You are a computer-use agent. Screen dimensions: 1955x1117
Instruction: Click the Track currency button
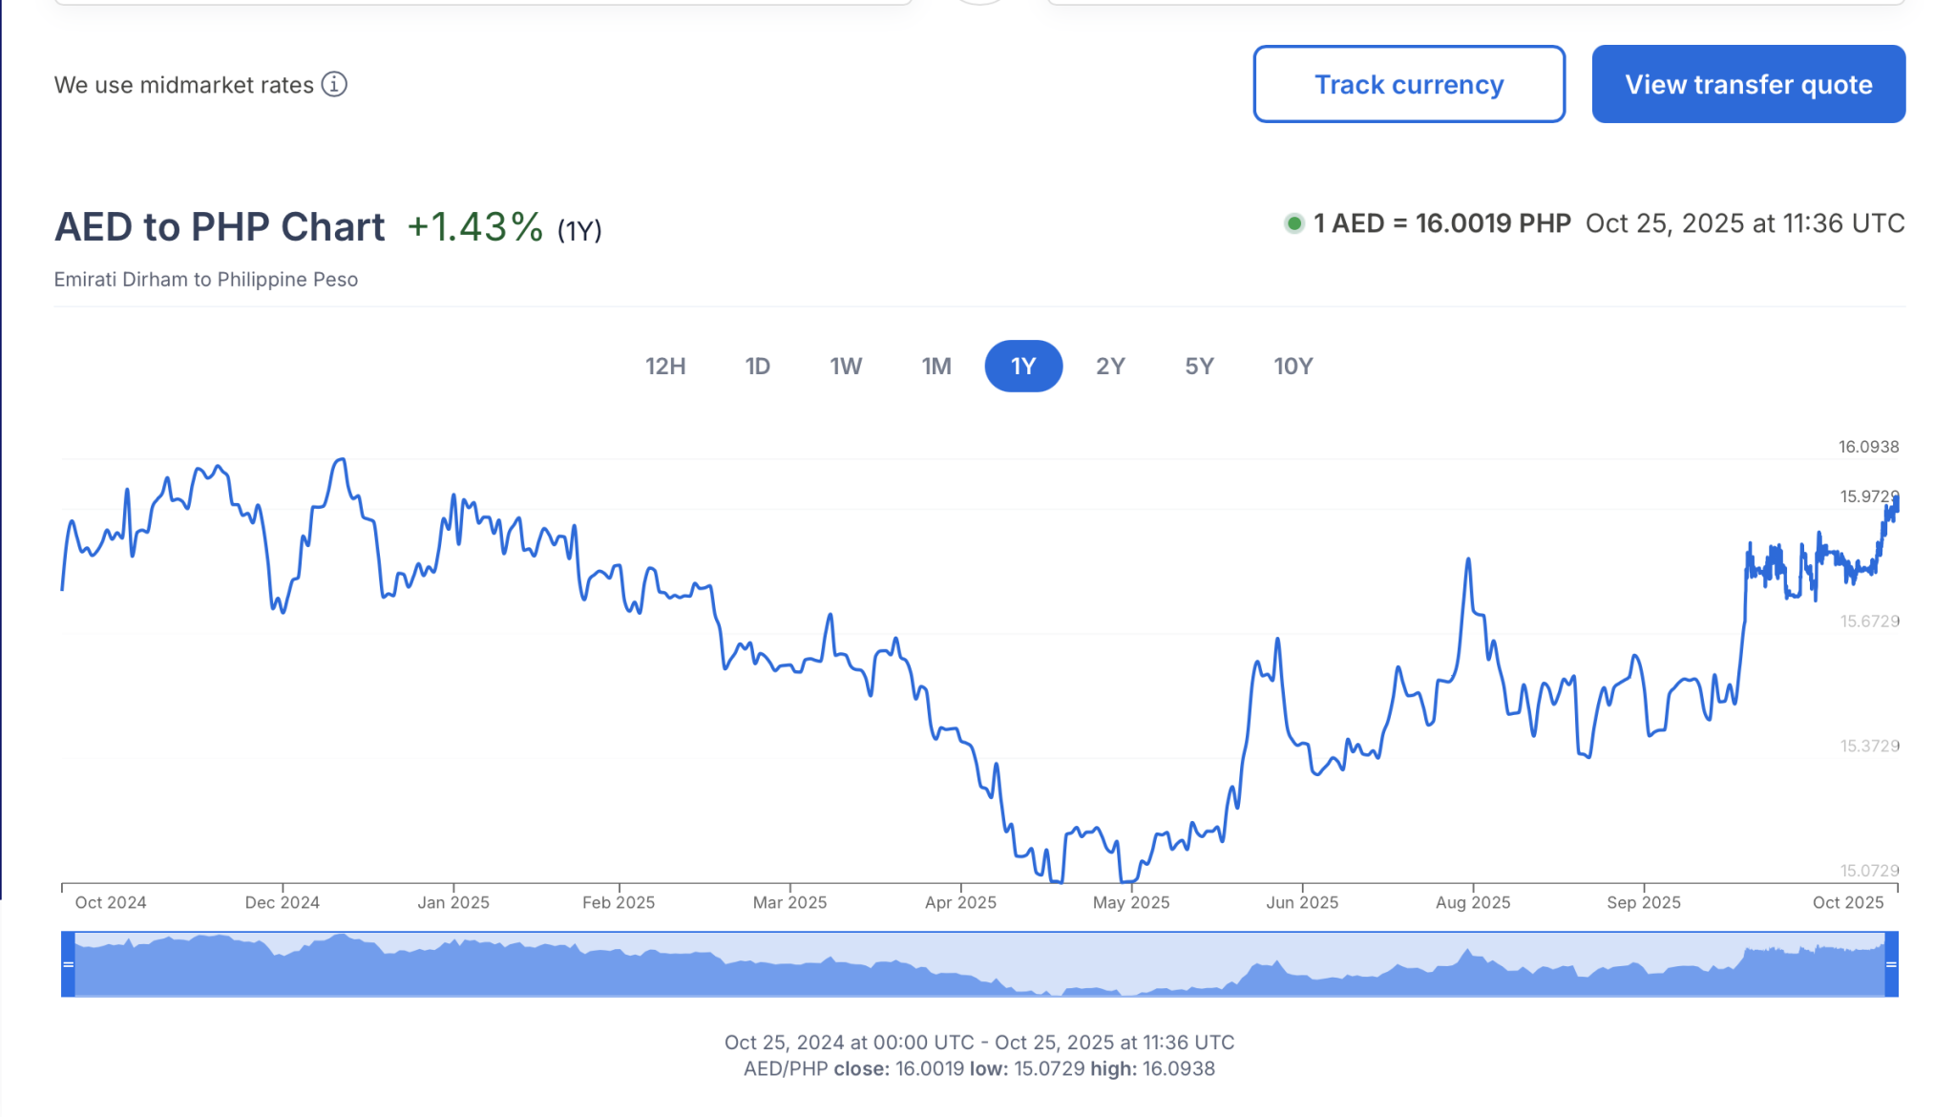(1409, 84)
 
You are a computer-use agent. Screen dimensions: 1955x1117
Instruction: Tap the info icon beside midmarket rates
(334, 84)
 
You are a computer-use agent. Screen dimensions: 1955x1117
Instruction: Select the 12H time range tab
(665, 367)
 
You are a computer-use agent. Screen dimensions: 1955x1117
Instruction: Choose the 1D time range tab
(758, 367)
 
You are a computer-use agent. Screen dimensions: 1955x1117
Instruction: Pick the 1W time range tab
(846, 367)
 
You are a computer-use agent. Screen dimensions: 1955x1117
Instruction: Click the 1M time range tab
(936, 367)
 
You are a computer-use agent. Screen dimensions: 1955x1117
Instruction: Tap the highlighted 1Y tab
(1023, 367)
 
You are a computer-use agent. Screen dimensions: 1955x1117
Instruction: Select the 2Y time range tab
(1110, 367)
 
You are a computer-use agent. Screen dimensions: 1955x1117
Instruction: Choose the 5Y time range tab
(1199, 367)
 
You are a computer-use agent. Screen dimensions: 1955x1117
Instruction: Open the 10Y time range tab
(1293, 367)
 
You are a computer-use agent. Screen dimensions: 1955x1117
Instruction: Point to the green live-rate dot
(1294, 223)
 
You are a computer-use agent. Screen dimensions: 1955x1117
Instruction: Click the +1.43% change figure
(475, 227)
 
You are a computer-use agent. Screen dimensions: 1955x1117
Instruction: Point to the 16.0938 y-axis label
(1869, 447)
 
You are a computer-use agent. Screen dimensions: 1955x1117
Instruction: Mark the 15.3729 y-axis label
(1870, 746)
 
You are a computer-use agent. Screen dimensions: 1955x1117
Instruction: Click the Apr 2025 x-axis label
(960, 902)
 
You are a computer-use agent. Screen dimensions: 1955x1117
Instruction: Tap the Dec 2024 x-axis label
(283, 902)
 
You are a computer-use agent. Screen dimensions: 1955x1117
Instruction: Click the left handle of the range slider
(68, 964)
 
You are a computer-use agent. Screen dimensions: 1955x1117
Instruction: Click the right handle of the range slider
(1891, 964)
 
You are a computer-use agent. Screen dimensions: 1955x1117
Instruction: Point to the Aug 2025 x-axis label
(1473, 902)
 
